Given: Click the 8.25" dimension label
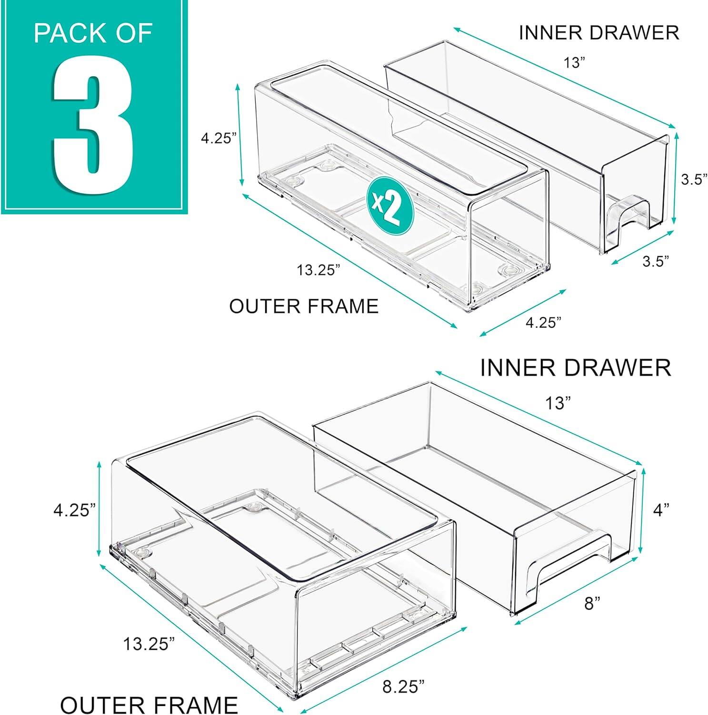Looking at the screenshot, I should point(403,687).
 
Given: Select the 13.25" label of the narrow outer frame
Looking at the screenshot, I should point(319,270).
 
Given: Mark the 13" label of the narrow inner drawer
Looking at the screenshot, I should point(574,62).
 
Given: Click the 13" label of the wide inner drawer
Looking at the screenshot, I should point(558,404).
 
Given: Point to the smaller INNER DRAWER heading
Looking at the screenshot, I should point(598,32).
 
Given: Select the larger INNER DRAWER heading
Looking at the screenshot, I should point(576,368).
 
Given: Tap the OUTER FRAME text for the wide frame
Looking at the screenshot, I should point(149,705).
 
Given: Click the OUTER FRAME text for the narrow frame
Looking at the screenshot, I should point(304,306).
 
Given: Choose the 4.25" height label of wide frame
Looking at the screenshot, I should point(71,511).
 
